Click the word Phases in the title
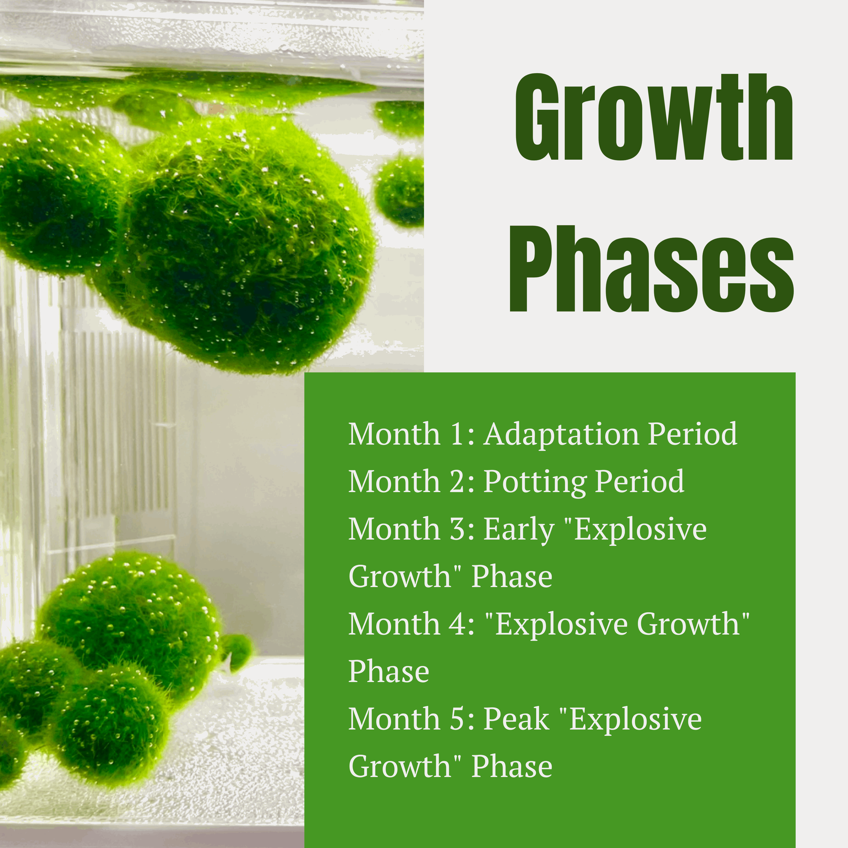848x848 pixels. point(651,269)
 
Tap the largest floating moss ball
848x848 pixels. point(246,250)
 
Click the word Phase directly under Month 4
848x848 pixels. point(388,672)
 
